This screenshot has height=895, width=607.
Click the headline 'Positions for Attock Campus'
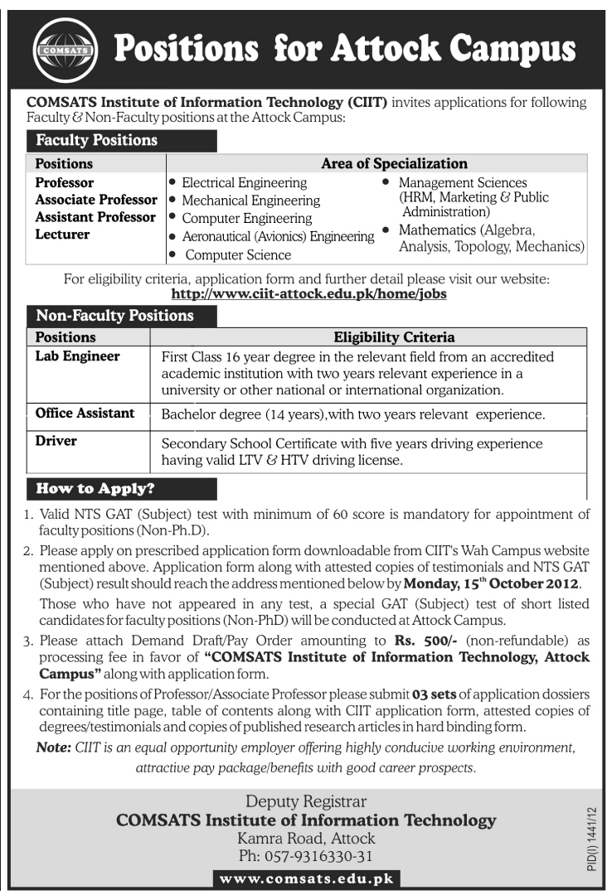coord(344,49)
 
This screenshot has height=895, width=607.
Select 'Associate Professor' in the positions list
coord(96,200)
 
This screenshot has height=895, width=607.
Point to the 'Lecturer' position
coord(62,235)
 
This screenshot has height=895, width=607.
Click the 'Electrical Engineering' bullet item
coord(244,182)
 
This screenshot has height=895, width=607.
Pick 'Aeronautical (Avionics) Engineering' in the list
coord(278,237)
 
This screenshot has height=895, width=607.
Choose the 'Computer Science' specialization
coord(238,255)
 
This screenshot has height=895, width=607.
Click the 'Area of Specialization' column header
coord(394,163)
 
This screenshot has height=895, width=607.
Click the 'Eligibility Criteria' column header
coord(393,337)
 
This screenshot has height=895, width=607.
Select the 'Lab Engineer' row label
coord(77,356)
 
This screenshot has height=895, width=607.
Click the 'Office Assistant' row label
coord(85,413)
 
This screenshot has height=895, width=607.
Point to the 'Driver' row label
coord(56,441)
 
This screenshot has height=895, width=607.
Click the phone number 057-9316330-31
coord(306,856)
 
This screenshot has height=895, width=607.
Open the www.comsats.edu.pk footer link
coord(306,878)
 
